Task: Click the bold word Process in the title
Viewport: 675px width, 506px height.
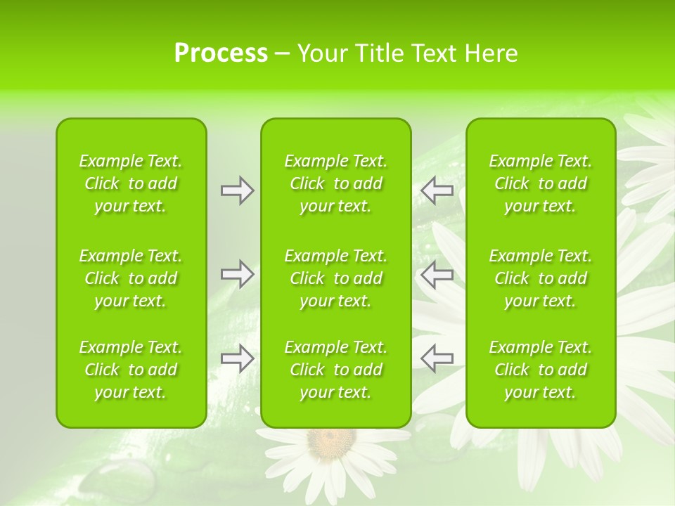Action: click(x=221, y=53)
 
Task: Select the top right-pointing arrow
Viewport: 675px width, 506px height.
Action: click(x=238, y=190)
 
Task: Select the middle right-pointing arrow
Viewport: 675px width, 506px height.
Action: click(x=238, y=274)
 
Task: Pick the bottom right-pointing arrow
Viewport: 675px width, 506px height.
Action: click(x=238, y=358)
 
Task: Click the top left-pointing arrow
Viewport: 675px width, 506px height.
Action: click(x=437, y=190)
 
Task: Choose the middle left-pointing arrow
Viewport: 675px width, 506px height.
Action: click(x=437, y=274)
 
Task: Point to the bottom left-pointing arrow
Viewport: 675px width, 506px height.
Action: click(x=437, y=358)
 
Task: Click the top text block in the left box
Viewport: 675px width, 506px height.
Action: click(x=131, y=183)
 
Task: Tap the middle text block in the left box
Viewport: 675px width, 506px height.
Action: click(x=131, y=278)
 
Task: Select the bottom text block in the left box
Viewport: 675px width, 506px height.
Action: click(x=131, y=370)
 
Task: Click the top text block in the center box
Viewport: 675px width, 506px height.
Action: click(x=336, y=183)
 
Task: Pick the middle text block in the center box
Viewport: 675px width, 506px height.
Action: click(x=336, y=278)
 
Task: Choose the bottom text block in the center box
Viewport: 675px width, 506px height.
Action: click(x=336, y=370)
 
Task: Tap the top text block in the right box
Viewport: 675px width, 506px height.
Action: click(x=541, y=183)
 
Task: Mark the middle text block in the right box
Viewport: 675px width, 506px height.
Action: click(x=541, y=278)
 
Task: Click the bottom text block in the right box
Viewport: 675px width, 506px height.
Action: click(x=541, y=370)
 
